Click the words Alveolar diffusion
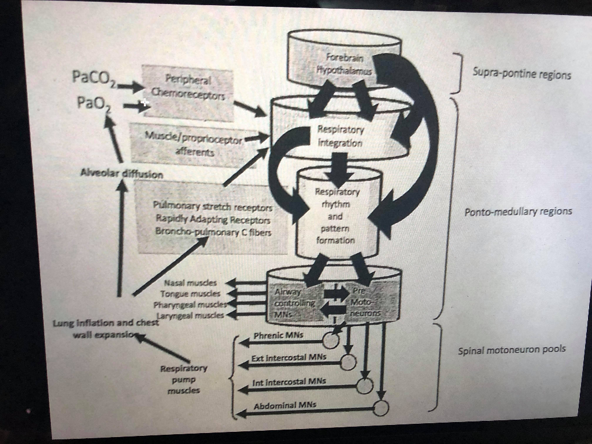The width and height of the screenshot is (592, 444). click(x=122, y=173)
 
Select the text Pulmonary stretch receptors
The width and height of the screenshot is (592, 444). click(x=213, y=206)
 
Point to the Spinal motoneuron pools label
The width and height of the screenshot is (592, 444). click(x=512, y=350)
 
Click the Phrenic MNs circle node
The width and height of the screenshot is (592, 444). click(x=331, y=341)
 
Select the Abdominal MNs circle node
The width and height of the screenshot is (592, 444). click(x=380, y=408)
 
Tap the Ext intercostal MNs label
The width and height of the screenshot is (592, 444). click(x=289, y=358)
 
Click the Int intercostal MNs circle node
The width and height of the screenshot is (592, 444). click(x=365, y=386)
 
